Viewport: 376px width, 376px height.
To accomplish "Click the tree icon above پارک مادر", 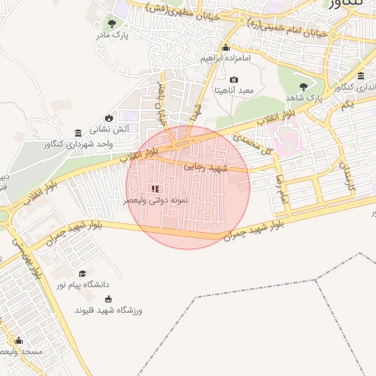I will pyautogui.click(x=112, y=23).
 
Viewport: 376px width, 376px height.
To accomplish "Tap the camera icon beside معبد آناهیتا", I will pyautogui.click(x=234, y=79).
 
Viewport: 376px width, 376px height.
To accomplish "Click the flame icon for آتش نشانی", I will pyautogui.click(x=109, y=117).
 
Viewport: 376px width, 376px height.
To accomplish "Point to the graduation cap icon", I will pyautogui.click(x=82, y=273).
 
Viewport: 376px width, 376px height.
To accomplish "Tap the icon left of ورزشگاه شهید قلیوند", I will pyautogui.click(x=109, y=299).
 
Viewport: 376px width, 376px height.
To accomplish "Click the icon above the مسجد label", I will pyautogui.click(x=18, y=341).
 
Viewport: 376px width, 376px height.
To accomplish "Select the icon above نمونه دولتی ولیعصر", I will pyautogui.click(x=155, y=189).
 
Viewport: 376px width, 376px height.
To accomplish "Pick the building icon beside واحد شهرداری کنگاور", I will pyautogui.click(x=78, y=133).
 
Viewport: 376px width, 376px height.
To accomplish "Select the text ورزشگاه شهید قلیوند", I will pyautogui.click(x=108, y=311).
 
